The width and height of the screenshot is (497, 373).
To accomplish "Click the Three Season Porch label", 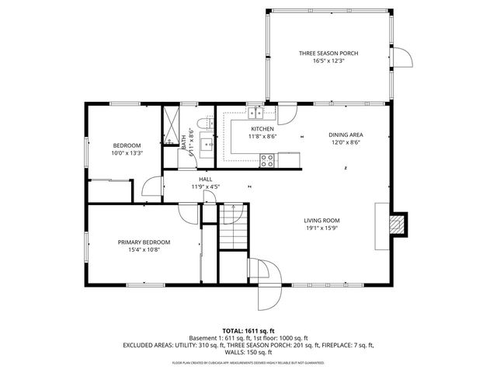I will (x=328, y=54).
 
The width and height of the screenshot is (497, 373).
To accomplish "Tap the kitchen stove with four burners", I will (x=267, y=161).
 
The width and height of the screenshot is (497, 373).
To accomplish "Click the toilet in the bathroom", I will (x=202, y=124).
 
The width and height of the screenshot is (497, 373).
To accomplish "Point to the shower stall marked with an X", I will (x=170, y=124).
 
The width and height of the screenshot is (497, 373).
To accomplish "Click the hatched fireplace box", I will (x=396, y=224).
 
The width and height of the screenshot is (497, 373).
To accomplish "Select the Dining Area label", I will (x=346, y=134).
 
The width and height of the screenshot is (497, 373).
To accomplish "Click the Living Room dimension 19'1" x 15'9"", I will (x=321, y=228).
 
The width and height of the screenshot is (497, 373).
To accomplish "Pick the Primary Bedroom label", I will (x=144, y=242).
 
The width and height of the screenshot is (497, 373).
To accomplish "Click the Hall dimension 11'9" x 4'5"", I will (x=206, y=186).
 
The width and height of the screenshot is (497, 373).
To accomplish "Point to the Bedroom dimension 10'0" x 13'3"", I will (x=127, y=153).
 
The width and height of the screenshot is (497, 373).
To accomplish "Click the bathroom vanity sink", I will (x=206, y=143).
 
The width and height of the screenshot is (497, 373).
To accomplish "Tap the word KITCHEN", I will (x=262, y=129).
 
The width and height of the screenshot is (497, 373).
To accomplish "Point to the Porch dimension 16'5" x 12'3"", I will (x=328, y=61).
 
